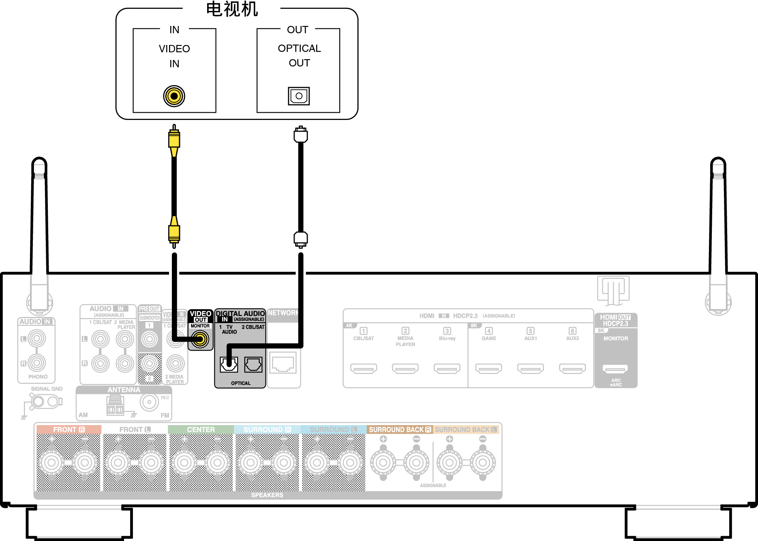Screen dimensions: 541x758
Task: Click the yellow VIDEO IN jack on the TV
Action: click(x=174, y=96)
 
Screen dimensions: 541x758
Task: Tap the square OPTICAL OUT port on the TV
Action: click(x=299, y=96)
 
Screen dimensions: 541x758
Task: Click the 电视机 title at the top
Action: click(x=232, y=9)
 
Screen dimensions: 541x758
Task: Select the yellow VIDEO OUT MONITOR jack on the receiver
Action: click(x=200, y=339)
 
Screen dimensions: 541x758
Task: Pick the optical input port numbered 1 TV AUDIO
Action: click(x=229, y=365)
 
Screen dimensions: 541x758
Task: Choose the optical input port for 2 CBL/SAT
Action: click(x=253, y=365)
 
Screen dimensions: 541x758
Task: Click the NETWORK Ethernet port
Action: click(x=283, y=363)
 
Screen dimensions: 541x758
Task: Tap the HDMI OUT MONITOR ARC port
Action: click(x=615, y=369)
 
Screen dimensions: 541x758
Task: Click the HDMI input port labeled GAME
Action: click(x=488, y=368)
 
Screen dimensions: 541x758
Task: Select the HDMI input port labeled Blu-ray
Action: click(x=447, y=368)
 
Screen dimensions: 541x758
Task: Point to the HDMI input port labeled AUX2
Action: click(x=572, y=368)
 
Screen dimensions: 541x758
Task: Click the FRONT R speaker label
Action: click(x=69, y=430)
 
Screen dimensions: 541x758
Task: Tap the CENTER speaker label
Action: click(x=201, y=430)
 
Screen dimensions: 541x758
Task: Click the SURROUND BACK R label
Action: click(x=400, y=430)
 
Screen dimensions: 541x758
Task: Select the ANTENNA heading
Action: click(x=124, y=390)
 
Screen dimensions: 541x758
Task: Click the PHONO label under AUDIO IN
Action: click(x=38, y=377)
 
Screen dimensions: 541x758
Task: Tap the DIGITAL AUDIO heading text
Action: click(x=240, y=314)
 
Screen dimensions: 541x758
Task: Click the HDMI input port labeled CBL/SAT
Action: click(x=364, y=368)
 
